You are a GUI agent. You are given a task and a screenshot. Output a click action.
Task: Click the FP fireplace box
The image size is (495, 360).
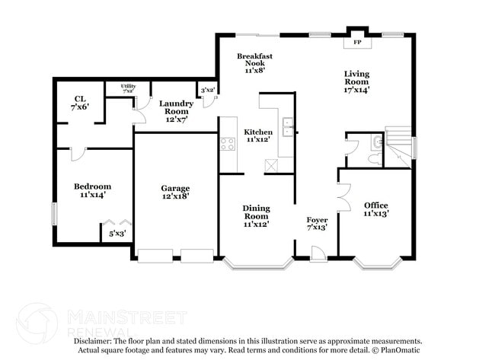(356, 42)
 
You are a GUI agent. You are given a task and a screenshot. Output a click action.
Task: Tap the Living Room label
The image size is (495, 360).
(356, 81)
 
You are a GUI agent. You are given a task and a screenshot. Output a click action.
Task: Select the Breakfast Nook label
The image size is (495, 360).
(254, 62)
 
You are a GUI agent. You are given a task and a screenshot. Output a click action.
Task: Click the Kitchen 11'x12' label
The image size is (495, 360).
(257, 136)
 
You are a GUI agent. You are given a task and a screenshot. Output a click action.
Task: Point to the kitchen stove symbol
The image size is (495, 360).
(228, 142)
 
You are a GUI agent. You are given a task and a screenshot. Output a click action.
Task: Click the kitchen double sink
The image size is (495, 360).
(288, 127)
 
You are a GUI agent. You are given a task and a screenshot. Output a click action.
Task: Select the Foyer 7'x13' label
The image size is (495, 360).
(318, 224)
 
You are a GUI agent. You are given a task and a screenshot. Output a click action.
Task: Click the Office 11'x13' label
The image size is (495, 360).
(375, 209)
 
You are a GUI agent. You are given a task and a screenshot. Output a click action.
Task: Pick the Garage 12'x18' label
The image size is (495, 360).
(174, 192)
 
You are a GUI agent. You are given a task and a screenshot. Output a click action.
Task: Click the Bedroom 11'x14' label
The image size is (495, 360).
(92, 190)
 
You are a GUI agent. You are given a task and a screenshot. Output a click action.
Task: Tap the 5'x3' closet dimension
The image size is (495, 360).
(117, 234)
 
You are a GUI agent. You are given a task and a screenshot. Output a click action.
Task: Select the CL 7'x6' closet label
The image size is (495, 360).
(79, 103)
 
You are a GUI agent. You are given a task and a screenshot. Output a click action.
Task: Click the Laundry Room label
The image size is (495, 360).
(176, 110)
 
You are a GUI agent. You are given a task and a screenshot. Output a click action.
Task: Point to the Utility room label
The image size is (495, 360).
(128, 88)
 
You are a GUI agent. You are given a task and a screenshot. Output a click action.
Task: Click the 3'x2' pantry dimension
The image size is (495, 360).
(207, 90)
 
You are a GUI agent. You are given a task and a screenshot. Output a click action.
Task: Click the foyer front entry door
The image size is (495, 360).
(318, 253)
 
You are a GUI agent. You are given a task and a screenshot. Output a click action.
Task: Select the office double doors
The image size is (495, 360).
(343, 196)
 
